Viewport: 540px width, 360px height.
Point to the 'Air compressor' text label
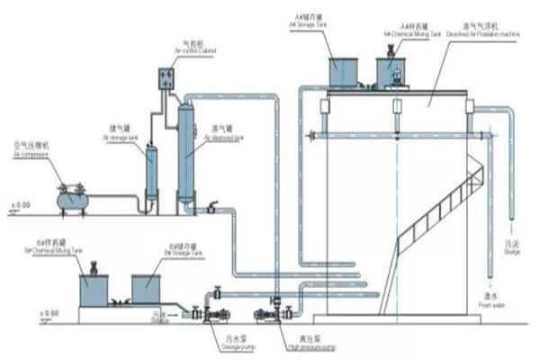28,154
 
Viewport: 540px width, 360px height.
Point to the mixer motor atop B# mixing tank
93,264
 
